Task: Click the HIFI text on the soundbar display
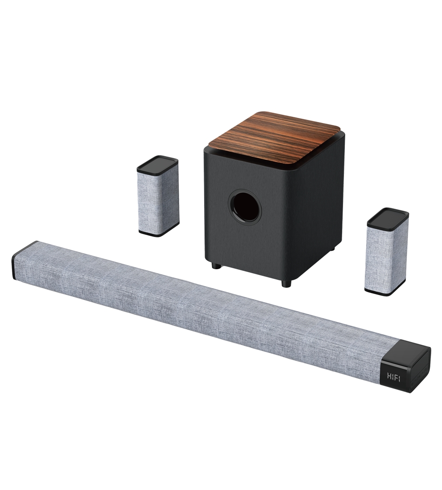tap(394, 376)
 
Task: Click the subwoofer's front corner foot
tap(286, 283)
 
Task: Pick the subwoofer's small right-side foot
tap(333, 248)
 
